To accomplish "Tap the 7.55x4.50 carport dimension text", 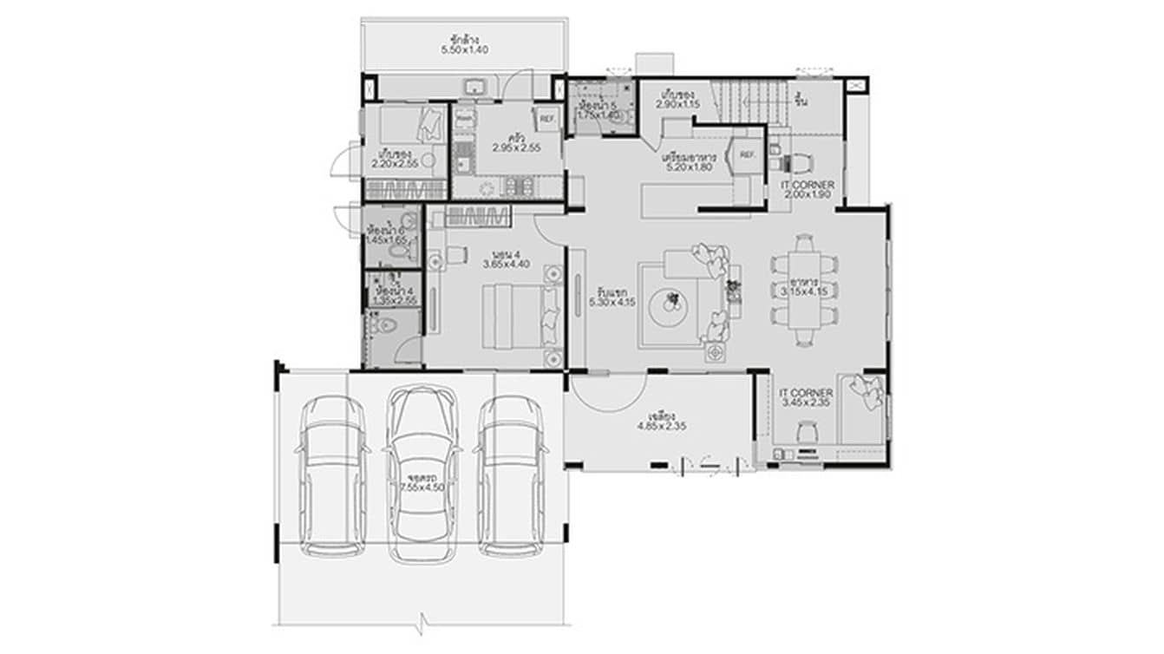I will (422, 488).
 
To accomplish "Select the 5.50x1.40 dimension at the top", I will (465, 50).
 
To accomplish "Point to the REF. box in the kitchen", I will (547, 119).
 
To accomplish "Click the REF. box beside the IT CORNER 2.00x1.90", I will (747, 155).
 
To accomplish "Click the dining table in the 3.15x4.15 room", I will (805, 291).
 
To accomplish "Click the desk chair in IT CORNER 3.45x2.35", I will (808, 429).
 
